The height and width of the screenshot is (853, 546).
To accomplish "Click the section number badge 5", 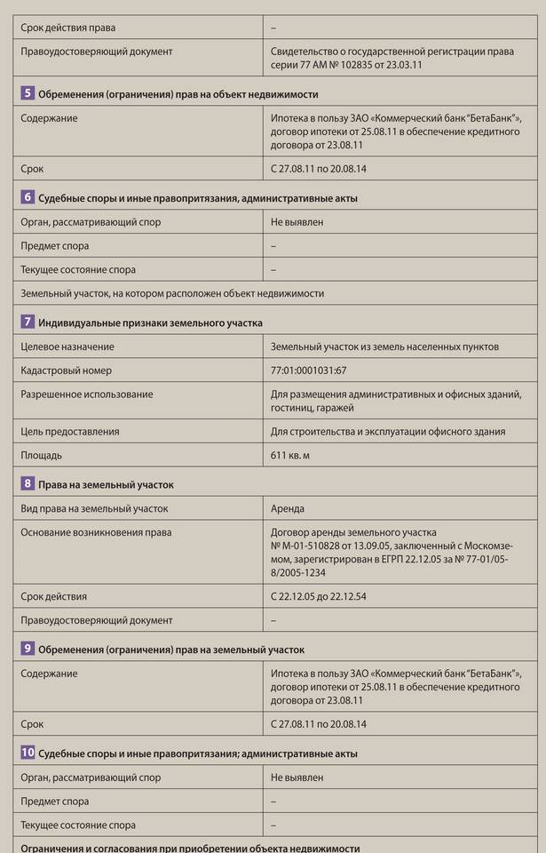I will point(28,93).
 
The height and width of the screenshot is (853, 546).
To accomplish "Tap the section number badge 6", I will point(28,197).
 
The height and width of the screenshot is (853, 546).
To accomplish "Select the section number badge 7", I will point(28,322).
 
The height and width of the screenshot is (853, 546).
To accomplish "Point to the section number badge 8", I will point(28,484).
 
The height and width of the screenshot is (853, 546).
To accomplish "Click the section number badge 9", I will point(28,649).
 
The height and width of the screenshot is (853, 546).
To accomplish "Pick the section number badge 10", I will point(28,753).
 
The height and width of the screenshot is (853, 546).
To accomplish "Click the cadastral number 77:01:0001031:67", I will point(309,371).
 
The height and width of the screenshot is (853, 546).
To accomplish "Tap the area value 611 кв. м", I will point(290,455).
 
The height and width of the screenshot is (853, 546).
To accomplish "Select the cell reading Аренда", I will point(288,509).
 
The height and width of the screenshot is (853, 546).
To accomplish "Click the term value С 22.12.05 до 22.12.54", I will point(320,597).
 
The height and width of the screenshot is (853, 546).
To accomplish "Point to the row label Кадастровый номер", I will point(67,371).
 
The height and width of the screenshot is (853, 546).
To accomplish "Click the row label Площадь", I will point(42,455).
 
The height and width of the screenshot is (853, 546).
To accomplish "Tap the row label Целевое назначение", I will point(67,347).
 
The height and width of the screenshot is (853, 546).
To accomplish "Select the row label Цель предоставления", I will point(70,432).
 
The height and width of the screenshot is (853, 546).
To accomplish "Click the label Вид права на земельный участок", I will point(94,509).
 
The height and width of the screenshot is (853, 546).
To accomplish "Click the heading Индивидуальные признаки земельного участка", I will point(150,323).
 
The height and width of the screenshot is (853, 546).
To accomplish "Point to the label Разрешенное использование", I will point(87,395).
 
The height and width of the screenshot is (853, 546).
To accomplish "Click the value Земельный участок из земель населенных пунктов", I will point(384,347).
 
